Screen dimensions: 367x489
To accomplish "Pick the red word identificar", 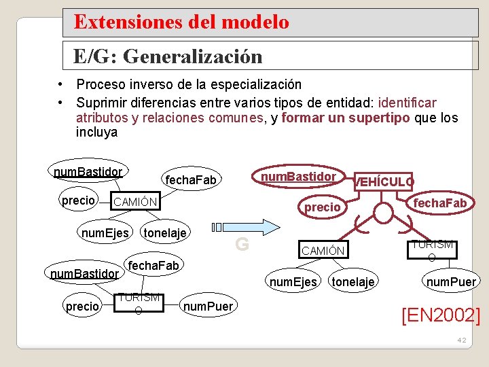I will pos(407,103).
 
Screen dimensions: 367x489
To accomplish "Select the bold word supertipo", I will pos(381,118).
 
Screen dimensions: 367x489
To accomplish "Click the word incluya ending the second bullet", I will pos(97,133).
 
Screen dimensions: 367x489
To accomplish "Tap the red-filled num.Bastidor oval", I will pos(299,177).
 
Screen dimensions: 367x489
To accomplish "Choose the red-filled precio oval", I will pos(322,207).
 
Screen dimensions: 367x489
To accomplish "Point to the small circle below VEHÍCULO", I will pos(383,213).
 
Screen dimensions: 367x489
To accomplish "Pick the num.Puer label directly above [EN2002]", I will pos(451,281).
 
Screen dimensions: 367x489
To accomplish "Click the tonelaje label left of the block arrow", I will pos(166,233).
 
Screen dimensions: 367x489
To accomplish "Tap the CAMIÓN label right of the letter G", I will pos(323,251).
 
